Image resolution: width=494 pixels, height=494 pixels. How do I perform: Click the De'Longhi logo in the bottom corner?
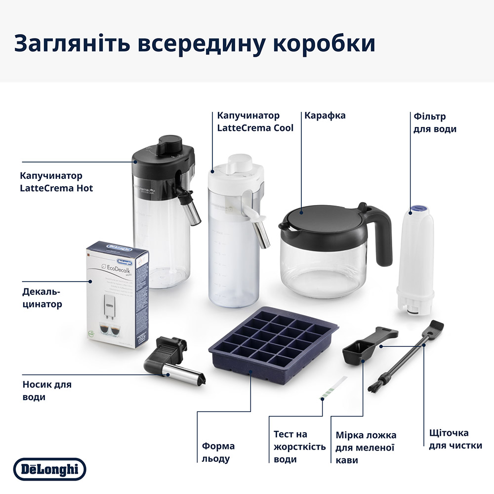[49, 469]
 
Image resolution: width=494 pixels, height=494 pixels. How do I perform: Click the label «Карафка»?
[325, 116]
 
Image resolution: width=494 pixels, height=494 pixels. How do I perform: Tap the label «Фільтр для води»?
[434, 123]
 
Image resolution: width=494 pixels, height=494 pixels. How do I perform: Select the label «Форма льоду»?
[218, 452]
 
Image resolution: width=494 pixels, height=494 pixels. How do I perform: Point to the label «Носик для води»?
[46, 390]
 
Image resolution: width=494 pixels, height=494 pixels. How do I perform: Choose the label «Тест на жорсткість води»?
[299, 447]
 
